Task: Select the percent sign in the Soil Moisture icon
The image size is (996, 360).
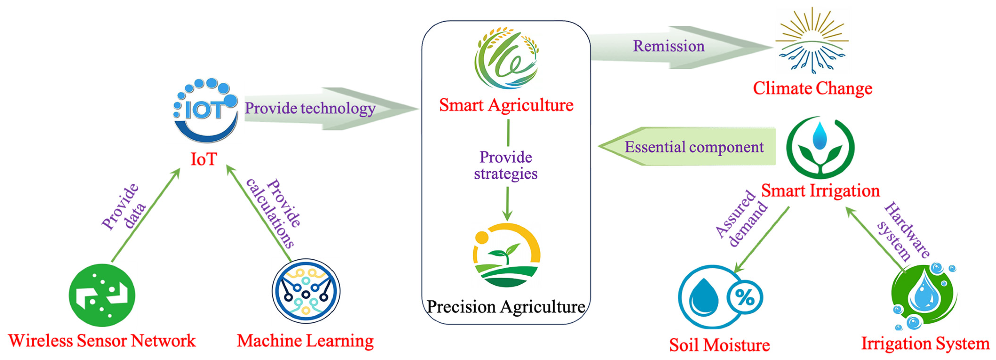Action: [x=745, y=297]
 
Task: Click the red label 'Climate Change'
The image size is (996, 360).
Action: [x=812, y=89]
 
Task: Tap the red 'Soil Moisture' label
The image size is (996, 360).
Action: [x=719, y=345]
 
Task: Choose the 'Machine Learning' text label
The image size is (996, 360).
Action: [x=305, y=341]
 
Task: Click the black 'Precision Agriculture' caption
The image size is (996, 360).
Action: [x=506, y=307]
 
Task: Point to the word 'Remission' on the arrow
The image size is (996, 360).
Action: [x=669, y=46]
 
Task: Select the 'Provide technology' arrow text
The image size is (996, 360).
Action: [x=310, y=108]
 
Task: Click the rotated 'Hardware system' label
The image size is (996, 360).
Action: [x=903, y=231]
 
